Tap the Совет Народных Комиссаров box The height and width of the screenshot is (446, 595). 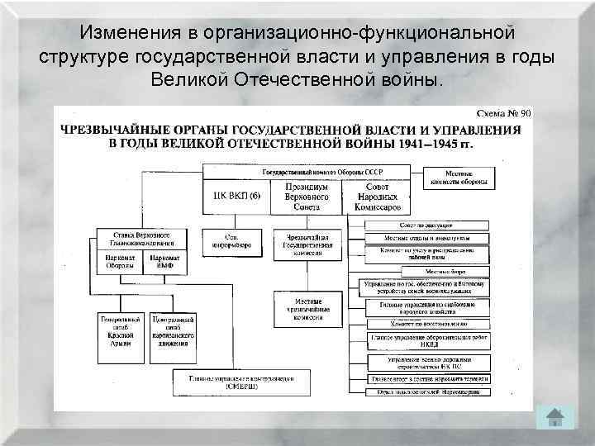pyautogui.click(x=377, y=197)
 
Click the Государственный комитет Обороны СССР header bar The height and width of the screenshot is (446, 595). pyautogui.click(x=307, y=172)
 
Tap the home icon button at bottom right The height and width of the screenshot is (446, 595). pyautogui.click(x=555, y=417)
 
